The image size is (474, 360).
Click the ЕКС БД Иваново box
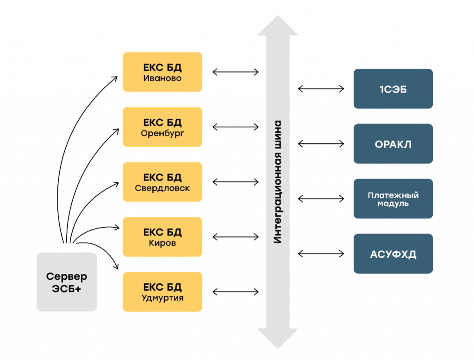[162, 72]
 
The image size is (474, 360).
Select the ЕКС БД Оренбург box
[162, 127]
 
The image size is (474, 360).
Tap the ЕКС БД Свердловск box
[162, 182]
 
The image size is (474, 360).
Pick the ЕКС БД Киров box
[162, 237]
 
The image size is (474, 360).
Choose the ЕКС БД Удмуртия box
[162, 292]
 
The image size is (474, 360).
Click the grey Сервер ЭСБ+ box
[67, 282]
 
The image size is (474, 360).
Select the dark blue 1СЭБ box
[393, 89]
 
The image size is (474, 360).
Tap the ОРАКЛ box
[393, 144]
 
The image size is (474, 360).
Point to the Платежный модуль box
[393, 199]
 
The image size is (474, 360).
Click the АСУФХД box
[393, 254]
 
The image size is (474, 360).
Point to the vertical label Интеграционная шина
[277, 182]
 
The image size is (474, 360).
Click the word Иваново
[162, 78]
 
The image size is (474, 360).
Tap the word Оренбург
[162, 134]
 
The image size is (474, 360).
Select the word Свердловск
[162, 188]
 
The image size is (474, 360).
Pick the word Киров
[162, 243]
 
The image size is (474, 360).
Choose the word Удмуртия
[162, 298]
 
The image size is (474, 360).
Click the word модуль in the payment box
[393, 204]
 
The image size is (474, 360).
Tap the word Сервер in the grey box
[67, 277]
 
